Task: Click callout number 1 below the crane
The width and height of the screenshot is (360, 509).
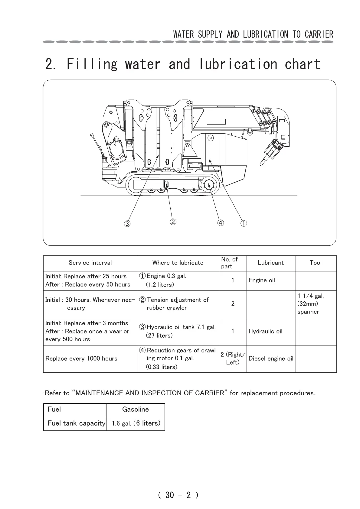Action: (x=244, y=224)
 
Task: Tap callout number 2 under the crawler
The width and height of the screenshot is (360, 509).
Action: (x=173, y=222)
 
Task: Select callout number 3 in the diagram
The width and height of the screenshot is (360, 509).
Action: (x=127, y=224)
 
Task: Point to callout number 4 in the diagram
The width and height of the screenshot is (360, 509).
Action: (x=221, y=223)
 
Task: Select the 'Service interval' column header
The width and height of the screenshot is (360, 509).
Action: (x=90, y=263)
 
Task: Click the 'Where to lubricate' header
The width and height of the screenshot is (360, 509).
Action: (x=178, y=263)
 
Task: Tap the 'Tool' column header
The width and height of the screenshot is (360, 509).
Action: (x=316, y=263)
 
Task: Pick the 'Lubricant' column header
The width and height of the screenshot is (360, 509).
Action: (x=271, y=263)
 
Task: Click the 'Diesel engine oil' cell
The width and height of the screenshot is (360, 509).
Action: (x=271, y=358)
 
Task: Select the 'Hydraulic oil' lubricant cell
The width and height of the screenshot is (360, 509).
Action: (x=265, y=331)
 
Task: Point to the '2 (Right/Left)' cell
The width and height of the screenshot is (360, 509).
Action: (x=233, y=358)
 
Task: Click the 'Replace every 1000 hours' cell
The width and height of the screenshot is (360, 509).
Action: (x=81, y=358)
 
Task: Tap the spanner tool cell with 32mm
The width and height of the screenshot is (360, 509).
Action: (x=310, y=304)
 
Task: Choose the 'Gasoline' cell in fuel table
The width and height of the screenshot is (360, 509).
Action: (x=136, y=410)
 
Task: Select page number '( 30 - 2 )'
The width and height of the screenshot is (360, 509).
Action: (x=178, y=495)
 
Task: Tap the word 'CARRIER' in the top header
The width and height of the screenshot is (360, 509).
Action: (x=319, y=34)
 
